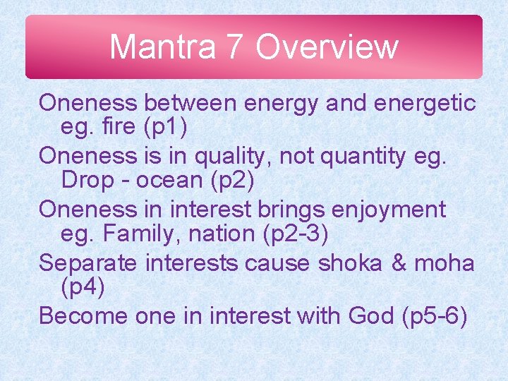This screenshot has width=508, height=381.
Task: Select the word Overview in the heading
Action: pyautogui.click(x=327, y=47)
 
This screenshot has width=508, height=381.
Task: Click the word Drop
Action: pyautogui.click(x=85, y=181)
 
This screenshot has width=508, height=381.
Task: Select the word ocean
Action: pyautogui.click(x=169, y=181)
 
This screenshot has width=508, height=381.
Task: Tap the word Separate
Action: pyautogui.click(x=89, y=262)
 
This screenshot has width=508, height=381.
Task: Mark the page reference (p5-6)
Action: pyautogui.click(x=434, y=315)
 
